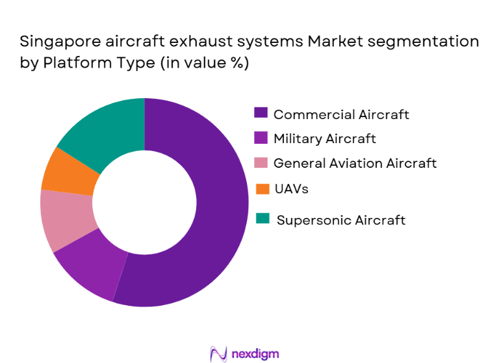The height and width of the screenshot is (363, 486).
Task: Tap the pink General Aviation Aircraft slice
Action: pos(65,218)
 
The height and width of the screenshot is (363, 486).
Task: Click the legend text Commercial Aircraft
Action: pos(341,114)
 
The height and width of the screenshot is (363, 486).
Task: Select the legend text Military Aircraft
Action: pos(324,139)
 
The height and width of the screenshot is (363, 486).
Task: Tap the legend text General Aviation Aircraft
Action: pos(355,163)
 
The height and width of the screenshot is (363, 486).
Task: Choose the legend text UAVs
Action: pos(290,189)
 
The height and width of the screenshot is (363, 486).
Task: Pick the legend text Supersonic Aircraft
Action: pos(341,220)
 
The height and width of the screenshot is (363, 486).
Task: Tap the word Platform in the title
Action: pos(71,64)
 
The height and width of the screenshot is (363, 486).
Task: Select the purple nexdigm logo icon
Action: pos(218,353)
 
